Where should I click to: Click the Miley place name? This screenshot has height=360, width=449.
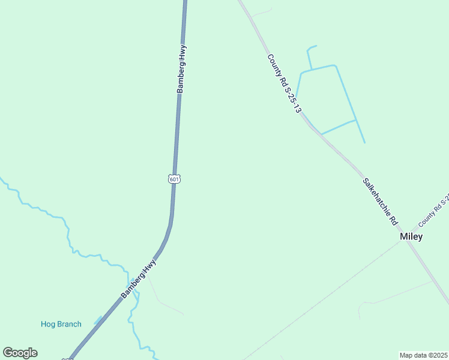pos(411,236)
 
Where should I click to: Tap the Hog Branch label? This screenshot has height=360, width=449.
pos(61,325)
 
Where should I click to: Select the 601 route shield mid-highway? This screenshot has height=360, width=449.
pos(173,179)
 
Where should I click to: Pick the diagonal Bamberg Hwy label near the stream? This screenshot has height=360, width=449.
pos(139,279)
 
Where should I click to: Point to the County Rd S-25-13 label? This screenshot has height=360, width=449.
pos(284,83)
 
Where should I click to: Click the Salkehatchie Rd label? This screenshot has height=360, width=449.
pos(381,201)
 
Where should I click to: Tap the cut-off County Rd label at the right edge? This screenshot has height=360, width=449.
pos(434,211)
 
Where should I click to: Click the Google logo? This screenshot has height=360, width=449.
pos(20,353)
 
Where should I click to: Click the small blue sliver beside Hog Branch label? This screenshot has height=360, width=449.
pos(97,321)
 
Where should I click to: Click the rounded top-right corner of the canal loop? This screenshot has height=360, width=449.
pos(334,65)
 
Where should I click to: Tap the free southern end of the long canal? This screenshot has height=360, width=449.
pos(364,142)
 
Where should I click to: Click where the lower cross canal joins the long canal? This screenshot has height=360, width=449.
pos(356,120)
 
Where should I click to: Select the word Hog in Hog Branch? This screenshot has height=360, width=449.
pos(48,325)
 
